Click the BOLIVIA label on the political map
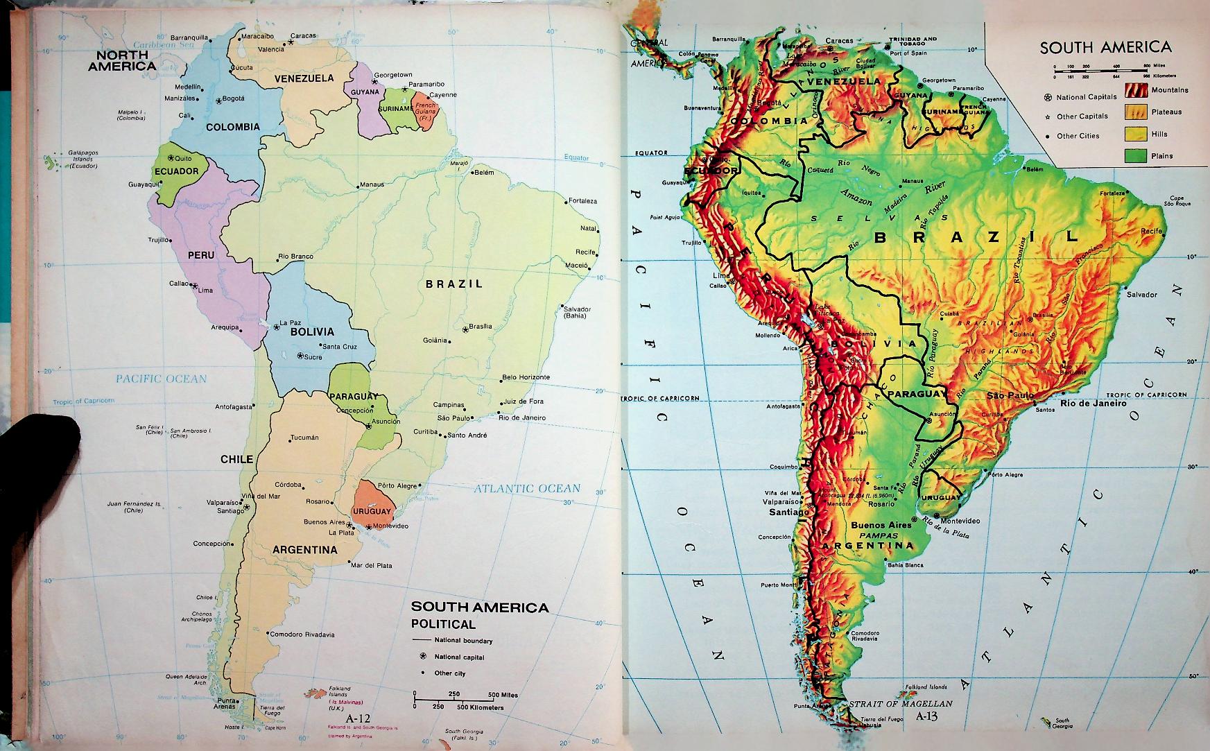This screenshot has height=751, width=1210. [311, 331]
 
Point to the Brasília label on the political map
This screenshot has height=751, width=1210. [480, 327]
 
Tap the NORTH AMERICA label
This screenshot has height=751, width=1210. [121, 60]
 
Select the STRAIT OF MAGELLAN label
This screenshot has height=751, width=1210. [901, 703]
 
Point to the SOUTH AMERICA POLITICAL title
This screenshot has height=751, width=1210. [479, 615]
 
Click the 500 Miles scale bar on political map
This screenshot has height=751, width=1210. [458, 694]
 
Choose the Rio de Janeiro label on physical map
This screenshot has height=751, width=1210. [1093, 402]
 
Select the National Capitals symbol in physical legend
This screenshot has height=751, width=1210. [1048, 97]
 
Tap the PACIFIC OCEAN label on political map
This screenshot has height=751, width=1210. [161, 379]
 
